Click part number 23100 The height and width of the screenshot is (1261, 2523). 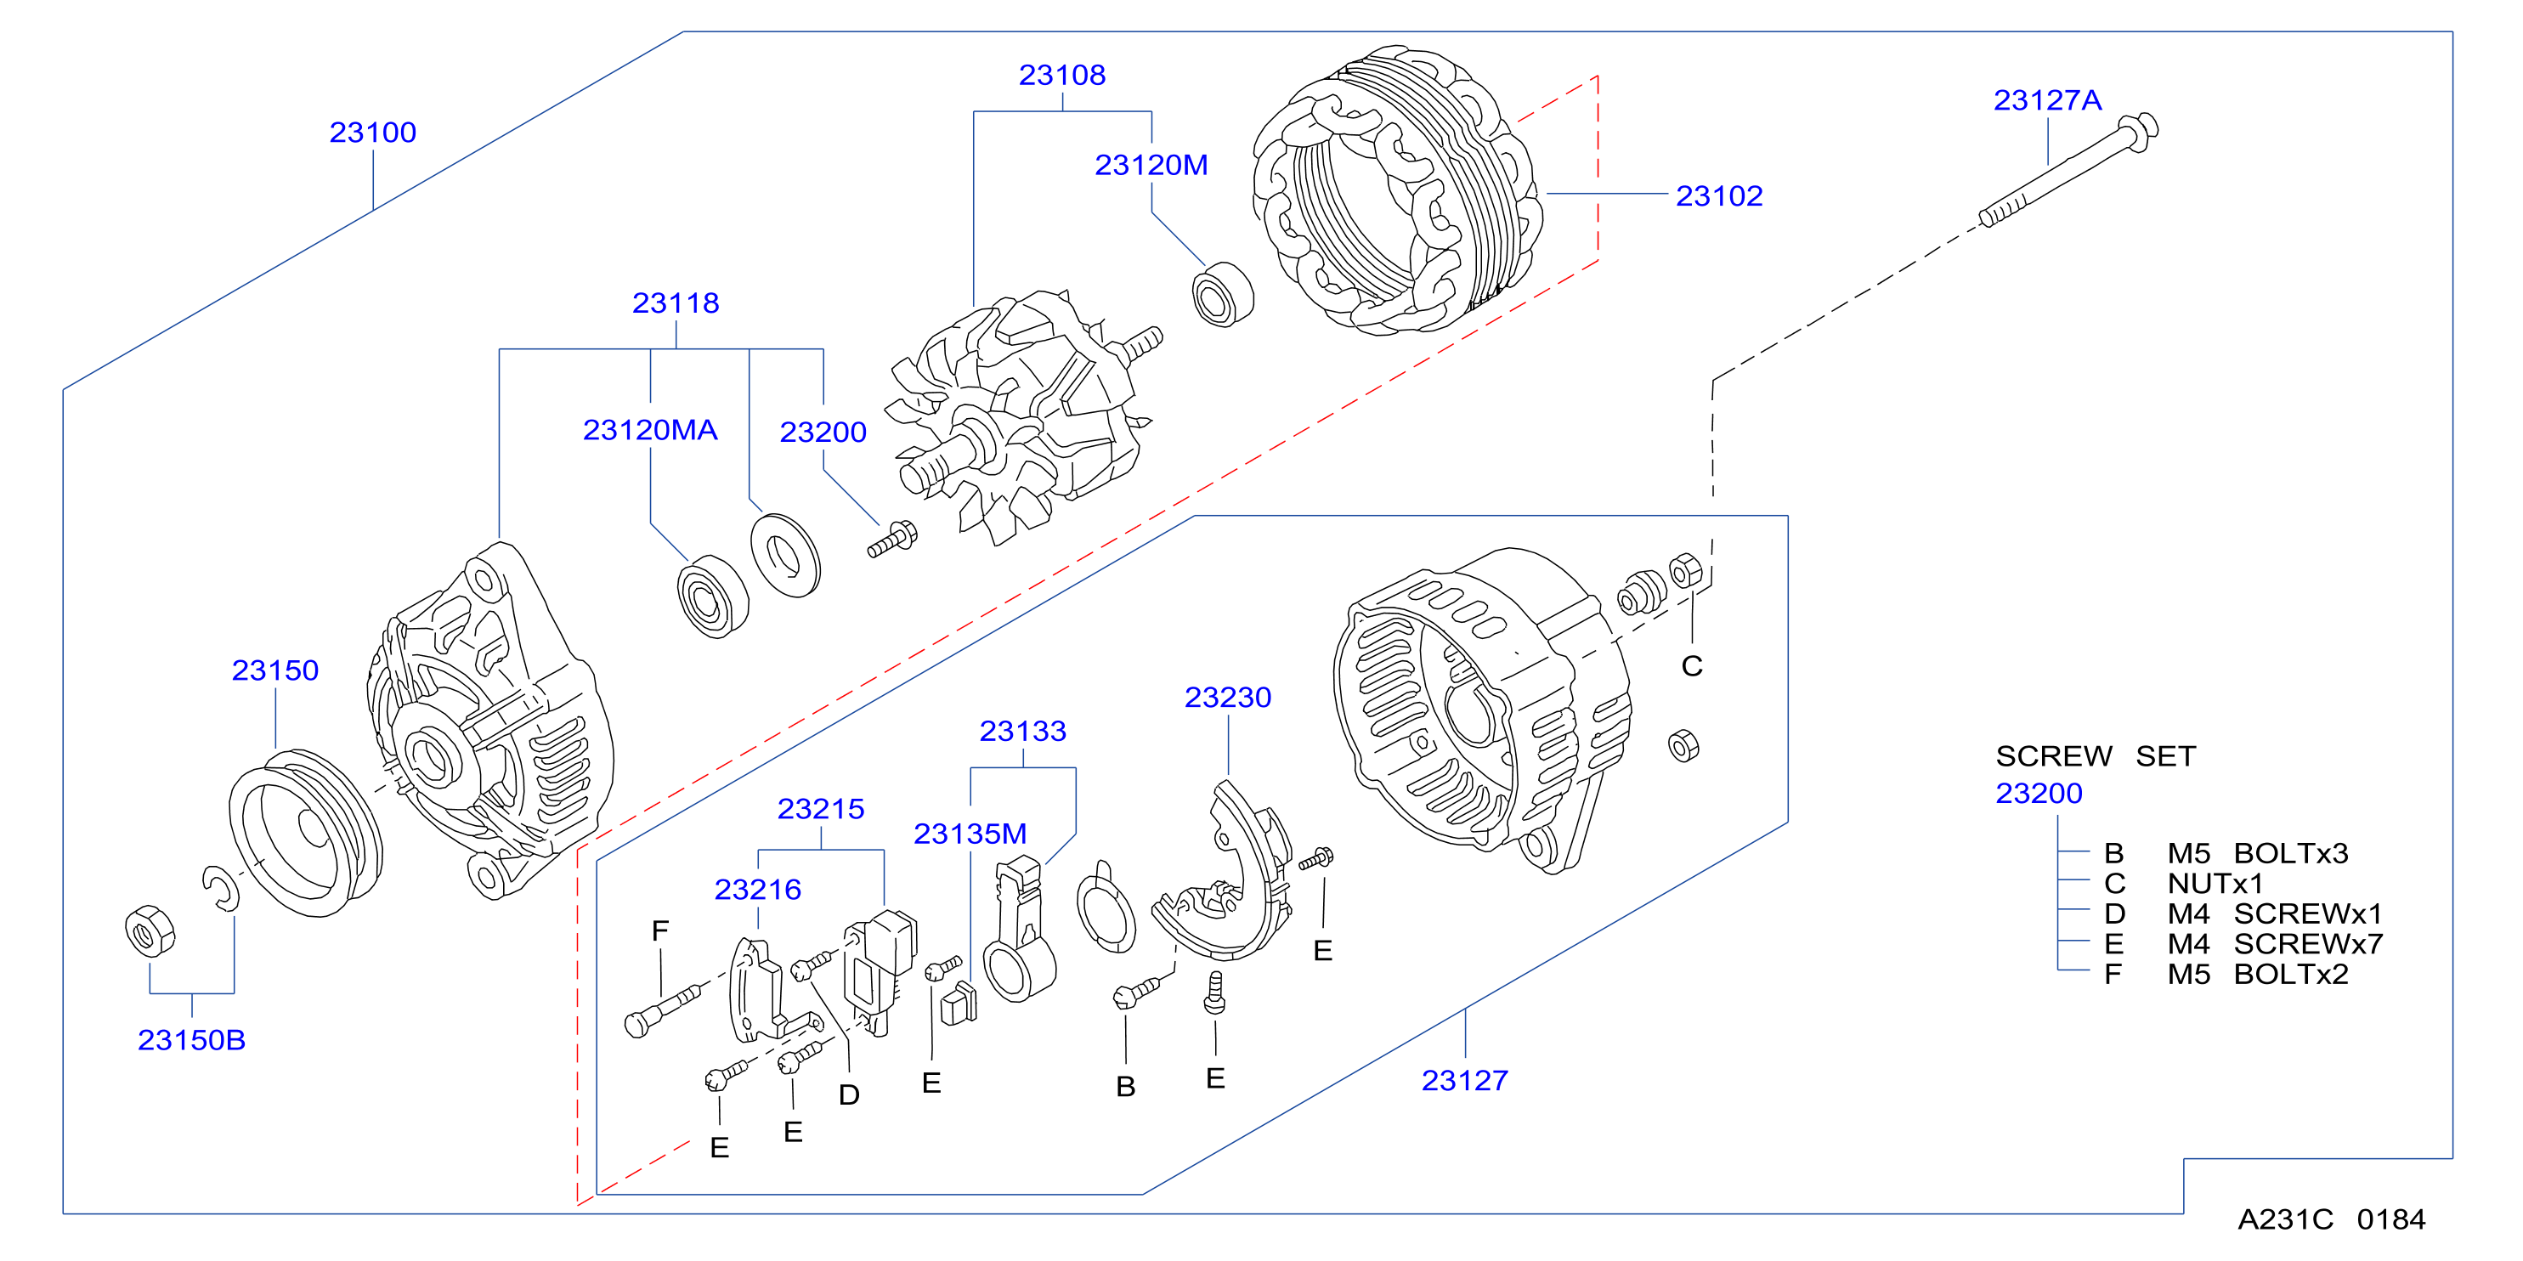pos(372,133)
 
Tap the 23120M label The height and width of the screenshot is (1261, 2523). pos(1151,165)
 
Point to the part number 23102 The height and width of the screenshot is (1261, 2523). pos(1719,195)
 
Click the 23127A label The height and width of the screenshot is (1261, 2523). pos(2047,100)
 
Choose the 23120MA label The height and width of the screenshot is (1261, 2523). pos(650,430)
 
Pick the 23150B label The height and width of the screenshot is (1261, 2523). pos(191,1040)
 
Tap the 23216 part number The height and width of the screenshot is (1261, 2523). pos(757,889)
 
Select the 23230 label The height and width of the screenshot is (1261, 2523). pos(1227,697)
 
